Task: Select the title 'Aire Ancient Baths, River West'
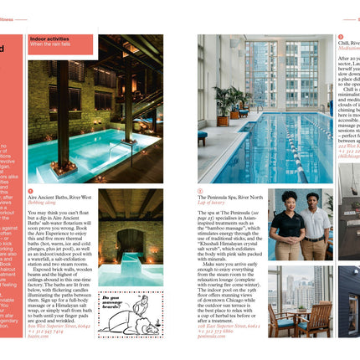click(x=60, y=198)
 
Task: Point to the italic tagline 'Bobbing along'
click(x=42, y=203)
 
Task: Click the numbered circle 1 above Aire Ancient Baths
click(x=30, y=191)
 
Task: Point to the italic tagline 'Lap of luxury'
click(x=213, y=203)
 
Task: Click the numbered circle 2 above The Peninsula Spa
click(x=201, y=191)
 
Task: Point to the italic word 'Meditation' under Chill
click(x=348, y=49)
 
